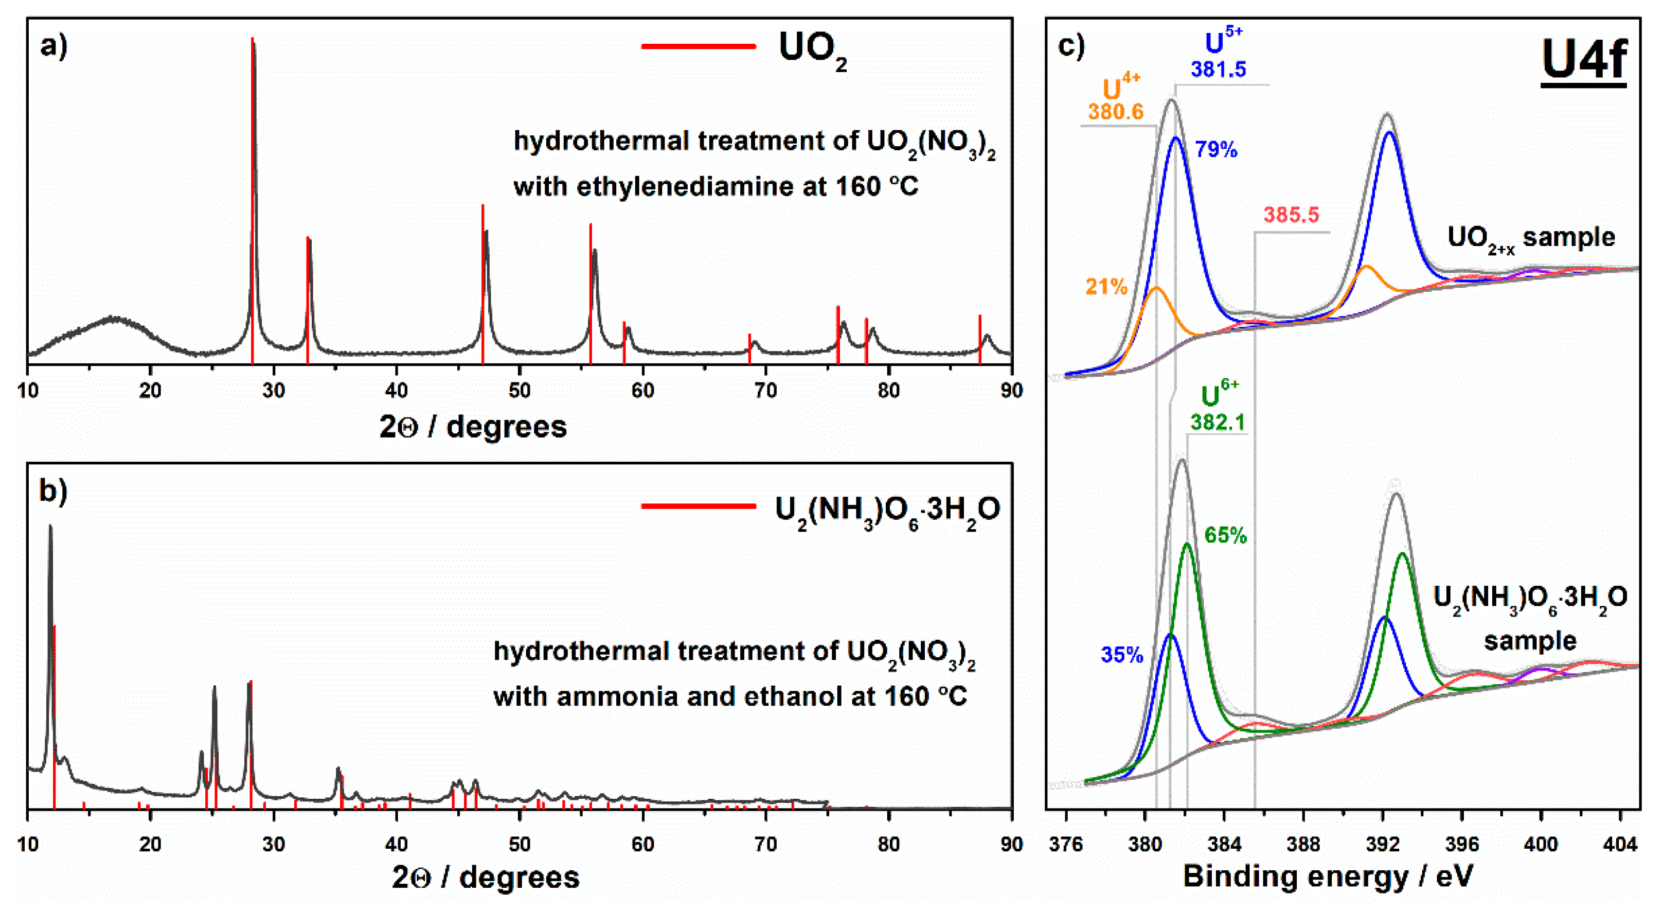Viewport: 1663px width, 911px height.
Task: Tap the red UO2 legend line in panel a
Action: click(x=698, y=46)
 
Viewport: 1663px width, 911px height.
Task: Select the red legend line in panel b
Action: click(x=698, y=506)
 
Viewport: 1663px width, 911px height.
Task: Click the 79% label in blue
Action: click(x=1215, y=150)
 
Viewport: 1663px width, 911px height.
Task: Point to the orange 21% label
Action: click(x=1106, y=287)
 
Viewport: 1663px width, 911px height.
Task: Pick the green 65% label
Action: click(x=1225, y=536)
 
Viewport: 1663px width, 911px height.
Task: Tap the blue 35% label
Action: click(x=1122, y=655)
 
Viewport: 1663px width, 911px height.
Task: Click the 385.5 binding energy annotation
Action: click(x=1291, y=215)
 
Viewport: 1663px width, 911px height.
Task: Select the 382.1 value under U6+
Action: click(x=1218, y=423)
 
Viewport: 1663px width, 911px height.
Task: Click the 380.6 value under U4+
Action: click(x=1116, y=112)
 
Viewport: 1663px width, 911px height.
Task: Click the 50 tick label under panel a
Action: click(x=519, y=390)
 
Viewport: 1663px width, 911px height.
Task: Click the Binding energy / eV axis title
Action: click(x=1328, y=877)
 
